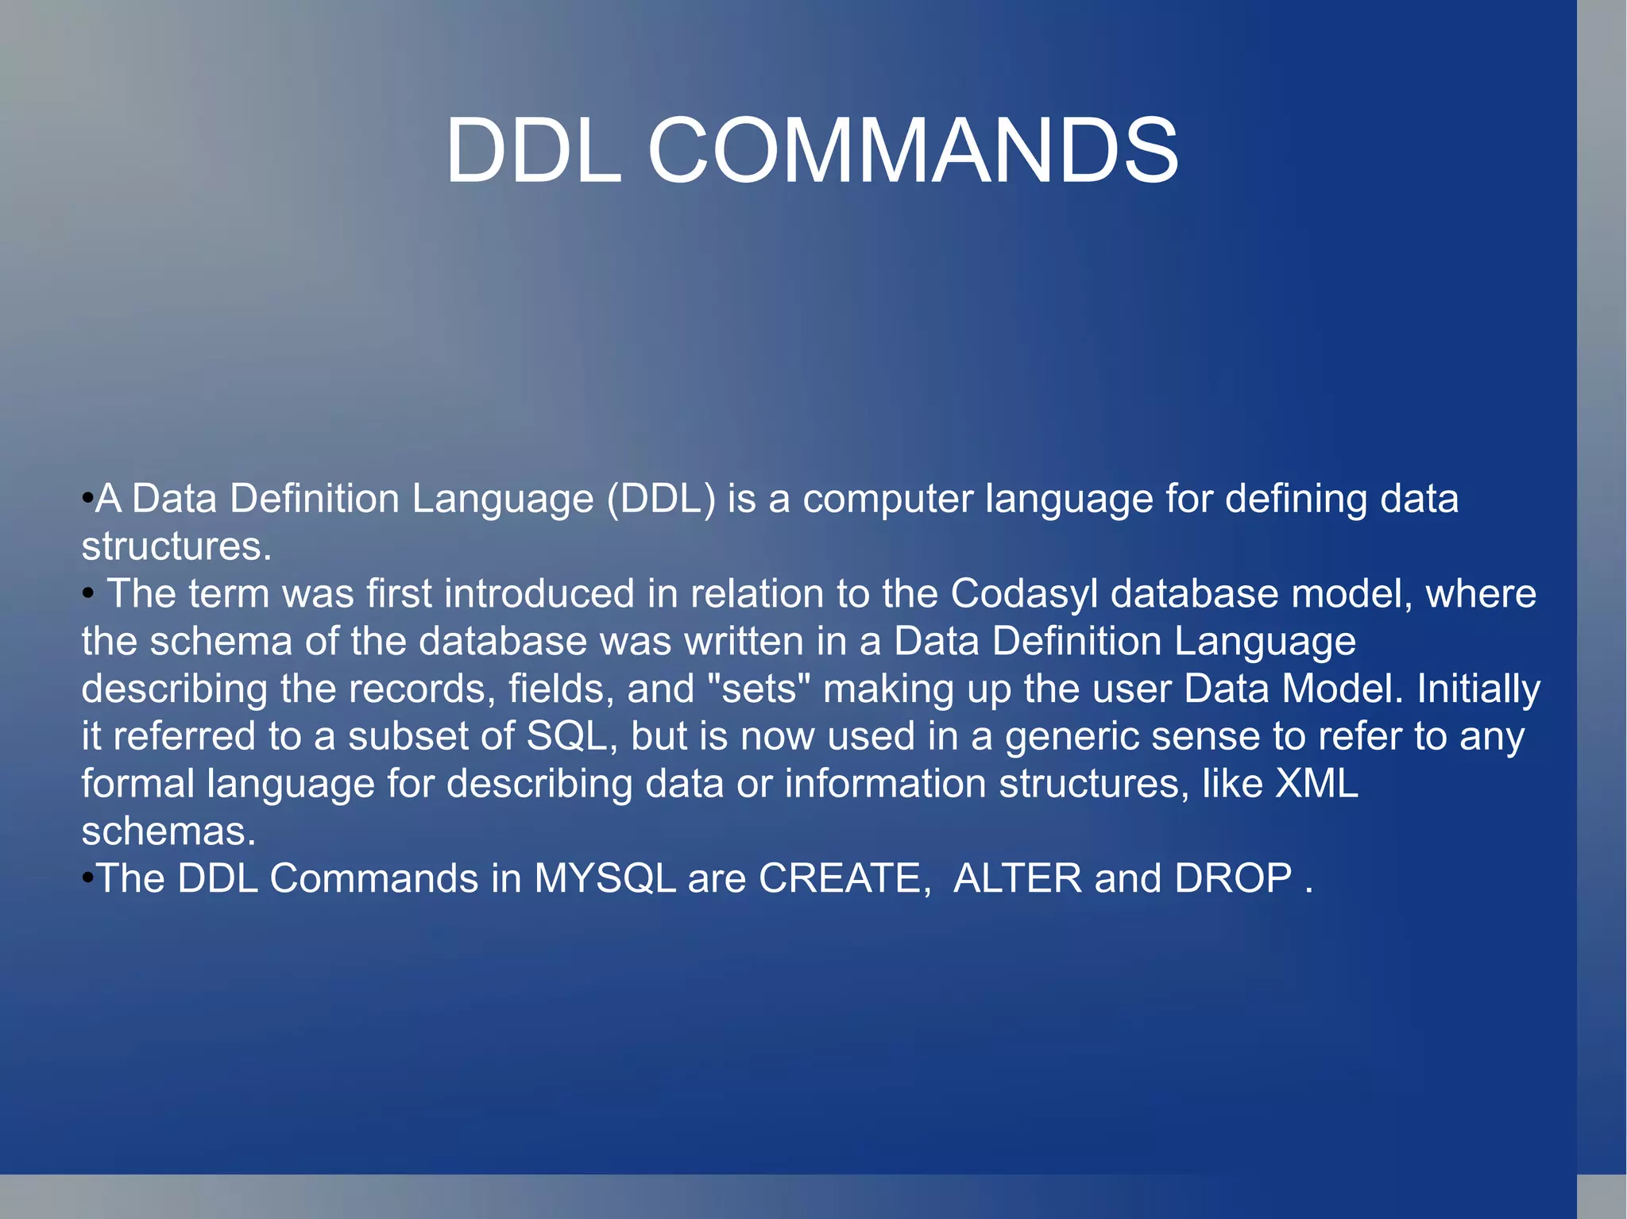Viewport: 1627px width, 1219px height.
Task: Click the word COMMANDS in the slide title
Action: coord(914,151)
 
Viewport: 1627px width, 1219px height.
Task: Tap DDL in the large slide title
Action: coord(534,151)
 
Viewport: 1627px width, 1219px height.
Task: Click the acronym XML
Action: coord(1316,784)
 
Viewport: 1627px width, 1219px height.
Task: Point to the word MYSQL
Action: coord(605,879)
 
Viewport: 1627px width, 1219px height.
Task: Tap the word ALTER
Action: coord(1017,879)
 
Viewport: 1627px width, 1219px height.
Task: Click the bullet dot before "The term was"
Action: coord(88,593)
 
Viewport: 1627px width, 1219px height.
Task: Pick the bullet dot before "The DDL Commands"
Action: coord(87,878)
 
